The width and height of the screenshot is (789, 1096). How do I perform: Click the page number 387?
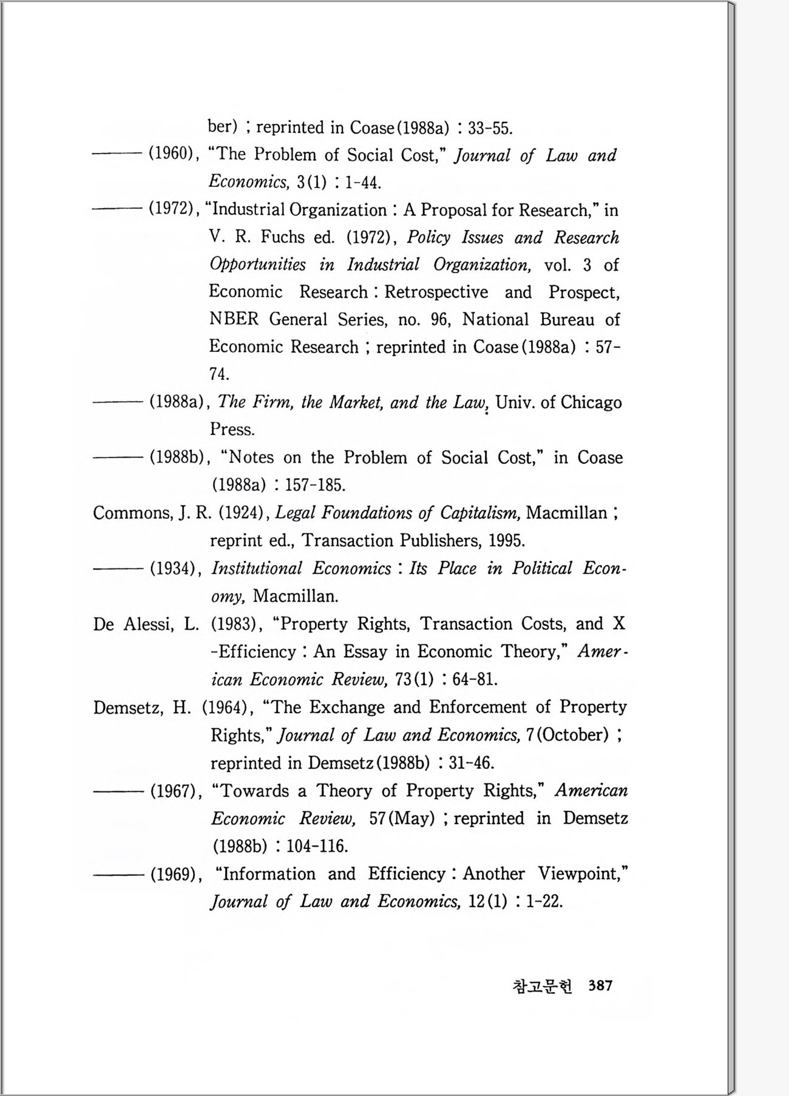click(x=600, y=986)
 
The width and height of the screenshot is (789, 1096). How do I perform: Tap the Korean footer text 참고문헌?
click(x=542, y=986)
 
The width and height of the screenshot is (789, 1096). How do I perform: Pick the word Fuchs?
click(x=283, y=237)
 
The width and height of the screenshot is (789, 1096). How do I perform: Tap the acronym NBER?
click(x=234, y=319)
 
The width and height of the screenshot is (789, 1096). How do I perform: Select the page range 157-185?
click(x=315, y=485)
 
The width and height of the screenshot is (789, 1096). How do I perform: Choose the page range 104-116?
click(x=317, y=846)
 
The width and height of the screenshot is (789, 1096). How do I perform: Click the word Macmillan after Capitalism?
click(x=566, y=513)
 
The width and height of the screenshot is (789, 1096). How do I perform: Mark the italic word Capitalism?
click(x=479, y=513)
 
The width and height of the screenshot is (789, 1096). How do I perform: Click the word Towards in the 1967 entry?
click(x=254, y=791)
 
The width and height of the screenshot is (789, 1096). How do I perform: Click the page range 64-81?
click(x=475, y=680)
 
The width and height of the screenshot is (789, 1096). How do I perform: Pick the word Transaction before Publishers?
click(x=348, y=541)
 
